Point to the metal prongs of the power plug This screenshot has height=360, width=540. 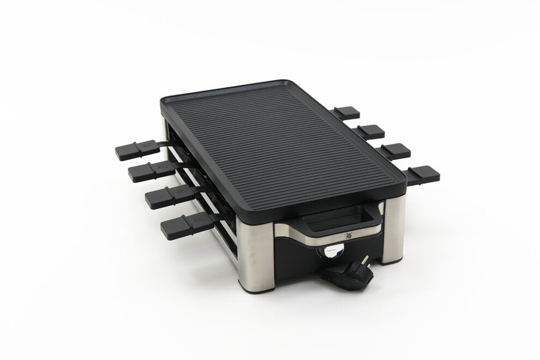coord(365,261)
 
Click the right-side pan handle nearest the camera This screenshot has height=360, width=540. coord(423,175)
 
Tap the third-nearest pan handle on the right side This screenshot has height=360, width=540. coord(370,131)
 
